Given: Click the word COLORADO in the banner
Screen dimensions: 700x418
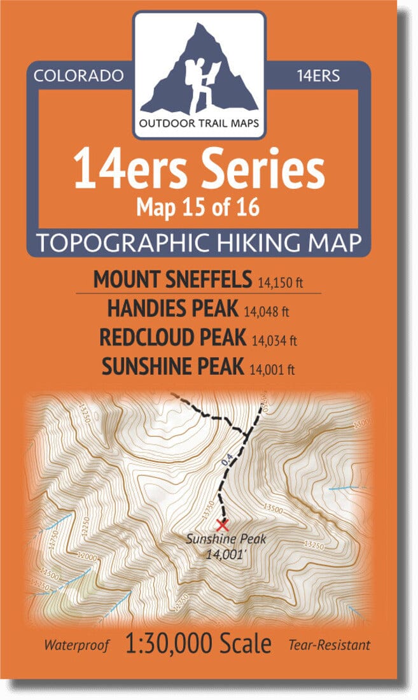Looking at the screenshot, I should click(x=78, y=76).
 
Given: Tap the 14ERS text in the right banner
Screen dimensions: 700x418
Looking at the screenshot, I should click(x=318, y=76).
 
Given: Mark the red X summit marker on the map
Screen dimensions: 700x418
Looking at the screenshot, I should click(x=222, y=525).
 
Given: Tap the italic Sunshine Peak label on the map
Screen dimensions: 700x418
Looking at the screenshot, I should click(x=221, y=540).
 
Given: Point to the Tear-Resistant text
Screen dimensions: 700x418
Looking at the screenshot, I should click(x=328, y=645).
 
